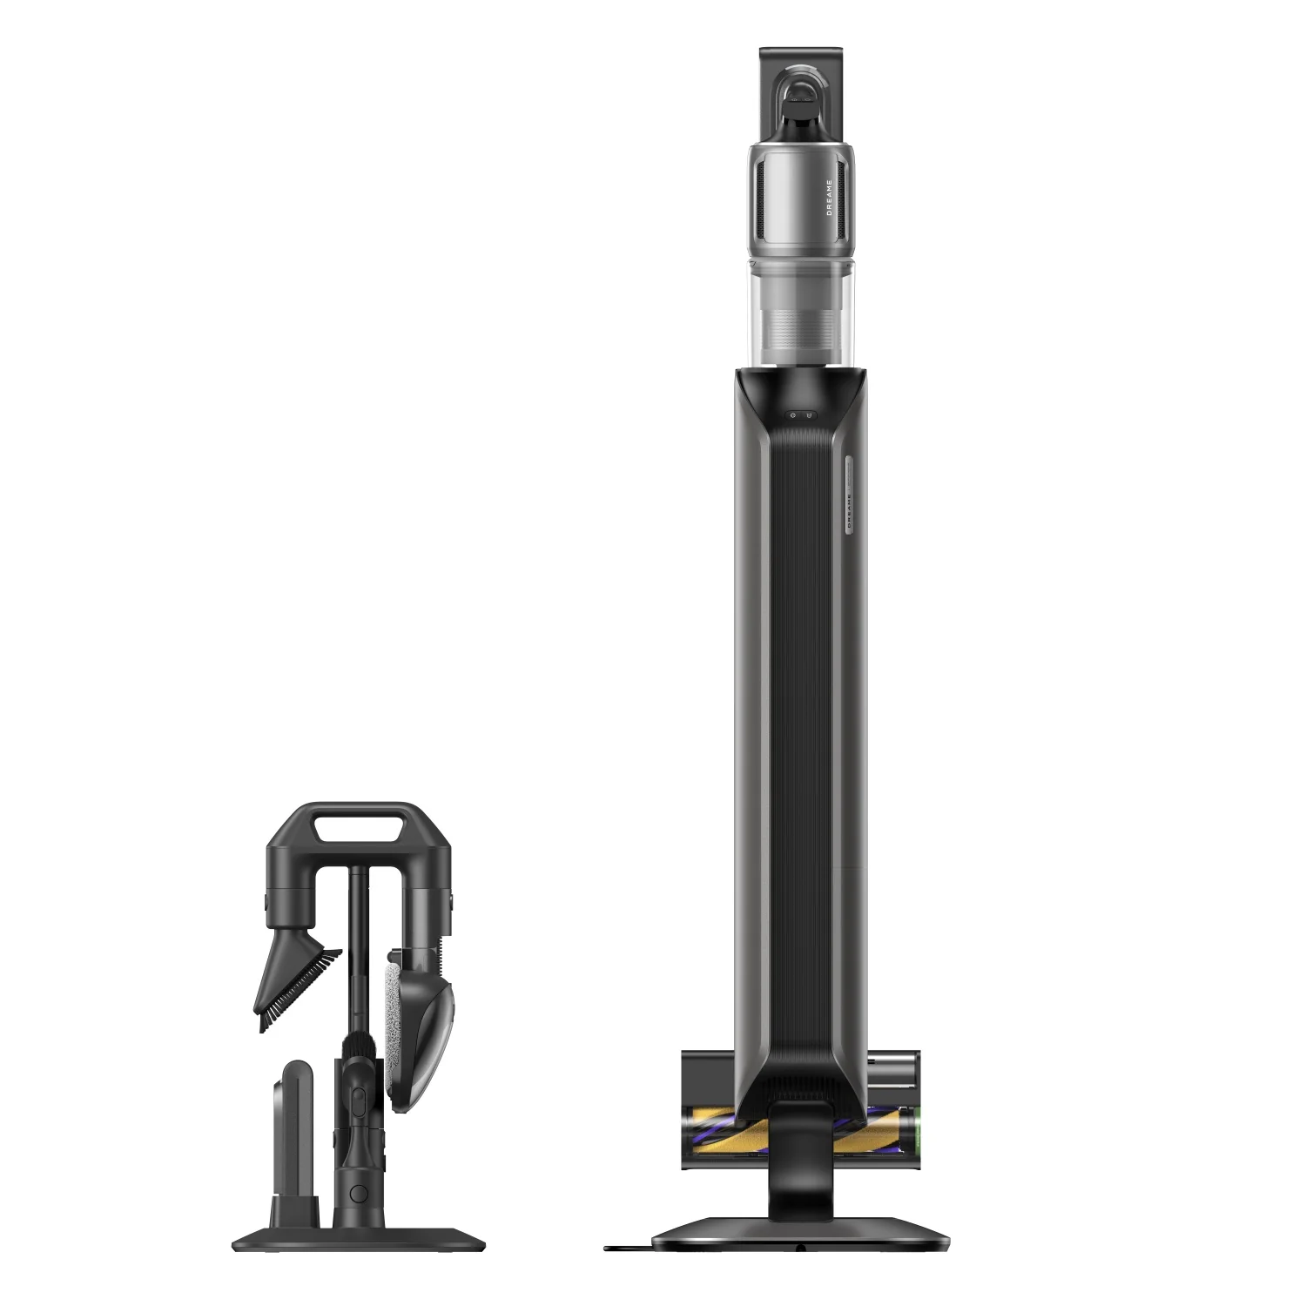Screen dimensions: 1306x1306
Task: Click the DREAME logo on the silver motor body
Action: (x=829, y=198)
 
